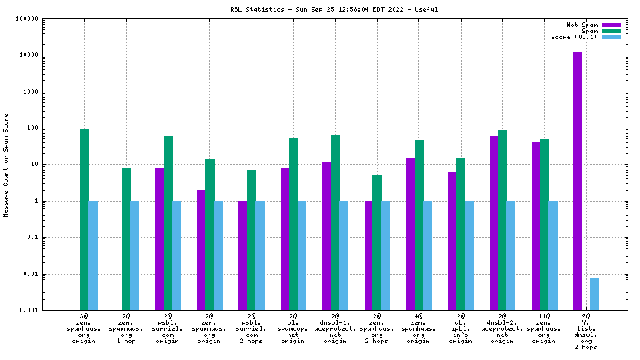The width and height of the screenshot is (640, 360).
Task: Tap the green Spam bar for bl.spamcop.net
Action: [293, 224]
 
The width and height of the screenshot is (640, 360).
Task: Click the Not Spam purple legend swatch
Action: [611, 25]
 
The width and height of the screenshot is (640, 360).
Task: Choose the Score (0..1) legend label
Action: [574, 37]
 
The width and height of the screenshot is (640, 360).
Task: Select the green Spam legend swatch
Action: [611, 31]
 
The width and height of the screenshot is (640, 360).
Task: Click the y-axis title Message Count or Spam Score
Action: [6, 165]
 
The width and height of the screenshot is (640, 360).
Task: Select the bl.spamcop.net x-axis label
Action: [293, 328]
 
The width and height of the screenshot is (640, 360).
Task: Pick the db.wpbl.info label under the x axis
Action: [461, 328]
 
